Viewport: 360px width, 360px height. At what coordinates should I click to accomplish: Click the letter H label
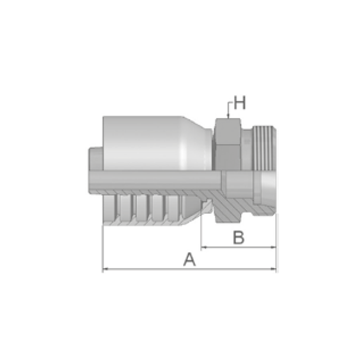[x=239, y=102]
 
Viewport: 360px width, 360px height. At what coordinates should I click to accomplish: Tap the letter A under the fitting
[x=190, y=260]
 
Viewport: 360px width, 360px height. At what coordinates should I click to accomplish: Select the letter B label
[x=239, y=238]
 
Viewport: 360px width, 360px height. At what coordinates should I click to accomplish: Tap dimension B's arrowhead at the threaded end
[x=273, y=247]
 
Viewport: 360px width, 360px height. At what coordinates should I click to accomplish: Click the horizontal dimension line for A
[x=189, y=269]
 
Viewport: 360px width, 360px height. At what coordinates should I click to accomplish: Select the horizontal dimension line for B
[x=239, y=247]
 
